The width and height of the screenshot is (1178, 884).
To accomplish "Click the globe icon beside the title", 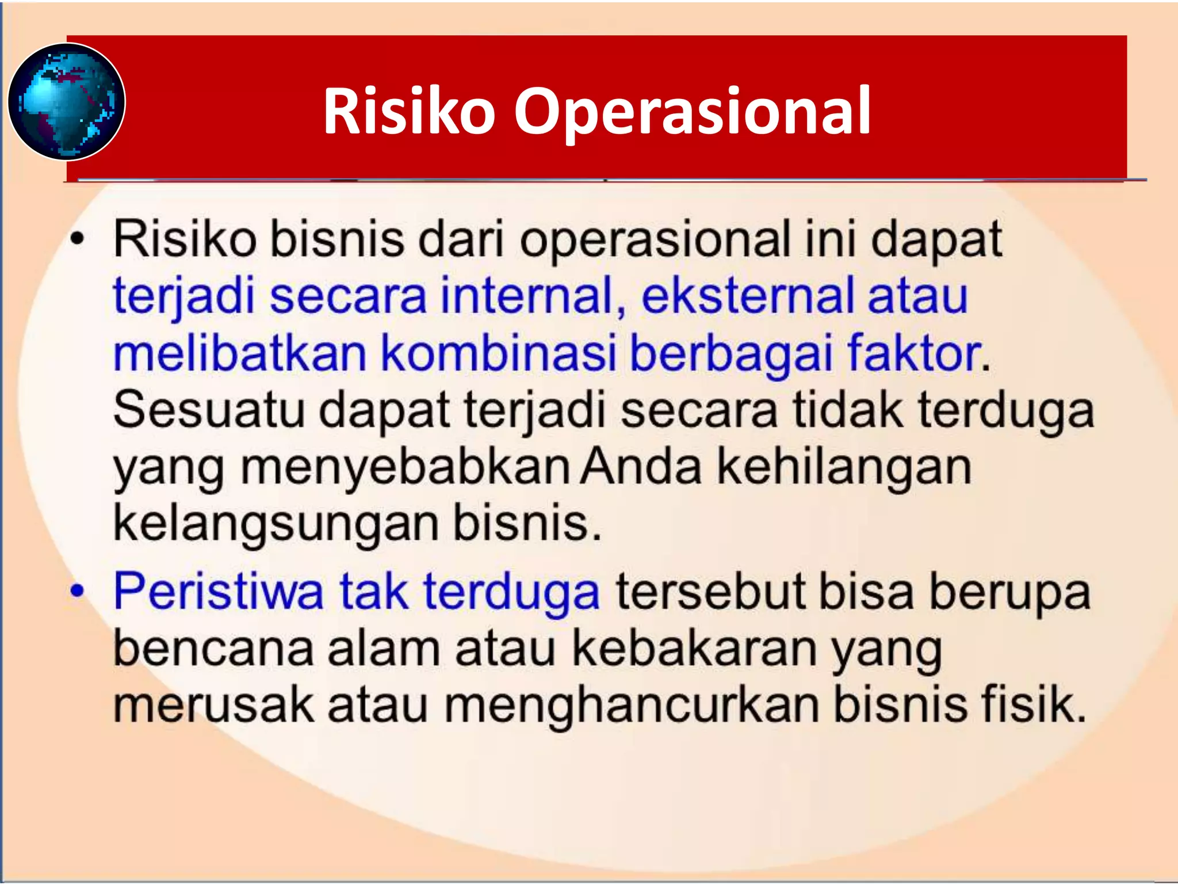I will click(67, 101).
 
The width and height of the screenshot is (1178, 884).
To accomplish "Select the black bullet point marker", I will click(77, 239).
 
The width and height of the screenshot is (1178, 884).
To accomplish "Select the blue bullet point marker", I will click(77, 591).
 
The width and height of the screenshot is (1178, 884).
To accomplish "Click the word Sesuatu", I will click(208, 410).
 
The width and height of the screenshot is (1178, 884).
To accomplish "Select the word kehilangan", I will click(844, 467).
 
